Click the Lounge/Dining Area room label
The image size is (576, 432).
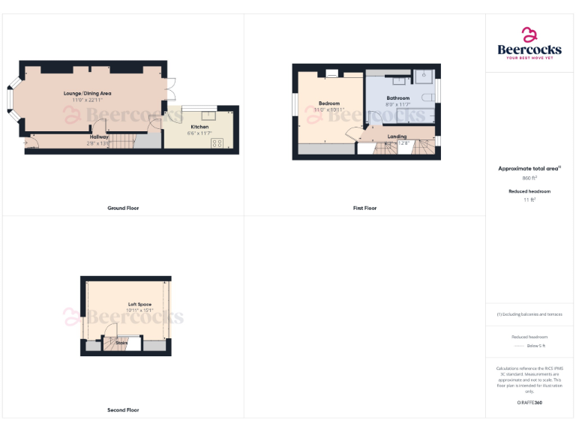91,93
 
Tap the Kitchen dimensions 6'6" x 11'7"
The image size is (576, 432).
199,133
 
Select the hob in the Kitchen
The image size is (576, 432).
217,142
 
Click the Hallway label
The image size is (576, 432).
99,136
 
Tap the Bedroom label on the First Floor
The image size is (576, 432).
328,103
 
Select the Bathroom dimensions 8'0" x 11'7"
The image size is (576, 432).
398,105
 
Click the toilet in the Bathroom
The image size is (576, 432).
429,99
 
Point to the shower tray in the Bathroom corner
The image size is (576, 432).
423,76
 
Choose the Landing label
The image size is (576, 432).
397,136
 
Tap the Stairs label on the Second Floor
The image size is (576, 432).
121,343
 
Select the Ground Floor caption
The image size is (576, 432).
123,208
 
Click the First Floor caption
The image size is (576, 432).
364,208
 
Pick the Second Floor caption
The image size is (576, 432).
123,410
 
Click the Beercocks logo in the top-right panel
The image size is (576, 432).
529,43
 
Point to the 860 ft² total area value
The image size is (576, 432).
529,178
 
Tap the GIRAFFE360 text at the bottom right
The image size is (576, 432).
529,403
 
